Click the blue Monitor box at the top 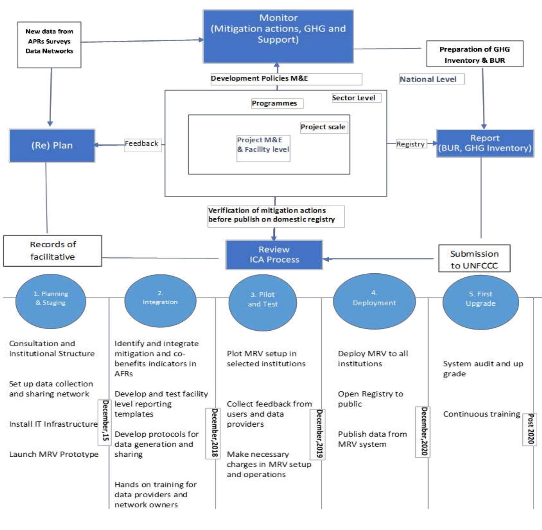pyautogui.click(x=278, y=36)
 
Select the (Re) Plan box pyautogui.click(x=52, y=146)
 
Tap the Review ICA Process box pyautogui.click(x=274, y=255)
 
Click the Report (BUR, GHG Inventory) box pyautogui.click(x=485, y=143)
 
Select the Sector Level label pyautogui.click(x=356, y=98)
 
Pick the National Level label pyautogui.click(x=431, y=79)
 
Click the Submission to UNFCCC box pyautogui.click(x=474, y=259)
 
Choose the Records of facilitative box pyautogui.click(x=53, y=251)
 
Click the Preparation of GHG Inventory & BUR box pyautogui.click(x=474, y=54)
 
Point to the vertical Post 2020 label pyautogui.click(x=530, y=429)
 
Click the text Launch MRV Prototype pyautogui.click(x=54, y=454)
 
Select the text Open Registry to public pyautogui.click(x=370, y=399)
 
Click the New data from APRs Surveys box pyautogui.click(x=49, y=45)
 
